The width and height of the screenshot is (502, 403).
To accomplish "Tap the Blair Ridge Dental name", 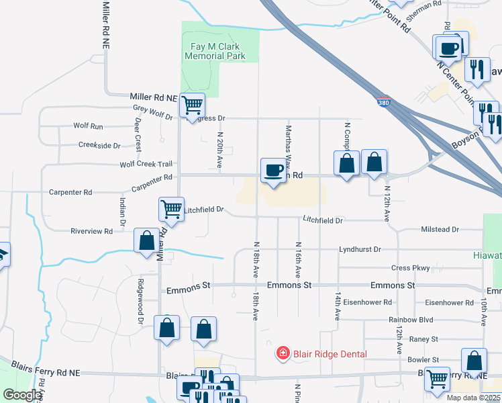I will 329,354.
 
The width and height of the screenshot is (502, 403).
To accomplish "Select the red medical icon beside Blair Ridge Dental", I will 283,353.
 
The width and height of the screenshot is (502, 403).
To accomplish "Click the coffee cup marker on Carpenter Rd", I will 273,171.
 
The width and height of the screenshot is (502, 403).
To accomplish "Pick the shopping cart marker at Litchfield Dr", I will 171,209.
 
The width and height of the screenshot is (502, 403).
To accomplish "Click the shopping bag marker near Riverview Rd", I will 146,240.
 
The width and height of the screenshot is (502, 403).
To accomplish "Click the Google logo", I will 22,394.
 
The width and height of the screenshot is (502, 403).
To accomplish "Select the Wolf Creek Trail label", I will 146,164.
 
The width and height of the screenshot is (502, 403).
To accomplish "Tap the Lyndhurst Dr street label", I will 360,249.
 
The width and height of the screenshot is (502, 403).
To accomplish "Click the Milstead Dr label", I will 440,230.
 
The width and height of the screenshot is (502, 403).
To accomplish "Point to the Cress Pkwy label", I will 410,268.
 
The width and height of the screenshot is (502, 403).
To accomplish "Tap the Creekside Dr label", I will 99,144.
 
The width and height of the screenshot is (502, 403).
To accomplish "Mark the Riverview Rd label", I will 91,231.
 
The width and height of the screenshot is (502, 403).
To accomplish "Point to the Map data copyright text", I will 472,398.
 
